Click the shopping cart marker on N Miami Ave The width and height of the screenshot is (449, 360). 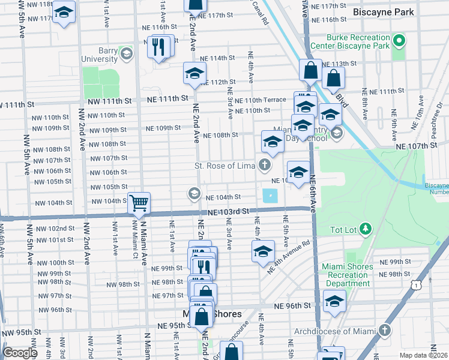click(139, 203)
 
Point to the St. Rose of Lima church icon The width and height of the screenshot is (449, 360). click(264, 165)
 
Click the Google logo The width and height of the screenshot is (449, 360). click(20, 353)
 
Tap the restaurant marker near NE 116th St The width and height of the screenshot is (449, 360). click(158, 47)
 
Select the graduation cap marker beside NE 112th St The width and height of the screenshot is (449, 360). click(194, 74)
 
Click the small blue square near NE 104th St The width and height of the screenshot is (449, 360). click(270, 196)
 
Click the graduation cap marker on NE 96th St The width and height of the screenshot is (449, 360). click(334, 302)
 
